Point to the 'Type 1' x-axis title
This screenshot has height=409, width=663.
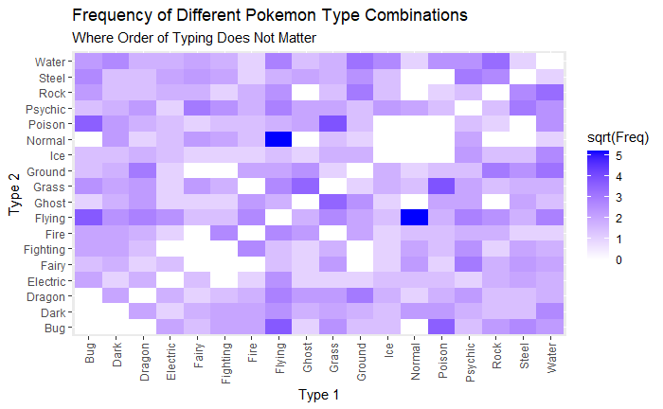(x=319, y=393)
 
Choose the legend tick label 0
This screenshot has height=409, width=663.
(x=618, y=259)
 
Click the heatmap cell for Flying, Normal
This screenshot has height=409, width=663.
(x=278, y=139)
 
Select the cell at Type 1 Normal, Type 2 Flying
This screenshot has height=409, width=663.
(x=414, y=217)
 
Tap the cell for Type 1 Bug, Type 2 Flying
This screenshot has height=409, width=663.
(x=89, y=217)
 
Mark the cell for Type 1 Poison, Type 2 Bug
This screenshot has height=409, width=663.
(x=441, y=326)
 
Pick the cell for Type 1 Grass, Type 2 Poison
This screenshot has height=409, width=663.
(x=332, y=123)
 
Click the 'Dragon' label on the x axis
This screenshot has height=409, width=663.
(x=144, y=358)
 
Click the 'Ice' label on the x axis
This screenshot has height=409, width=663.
(x=387, y=347)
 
